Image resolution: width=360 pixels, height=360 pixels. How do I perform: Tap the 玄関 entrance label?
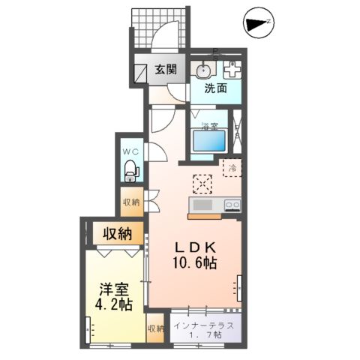click(x=166, y=70)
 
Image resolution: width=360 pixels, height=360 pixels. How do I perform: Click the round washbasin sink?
click(x=202, y=70)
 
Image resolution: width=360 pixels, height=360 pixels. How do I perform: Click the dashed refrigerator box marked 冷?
click(x=232, y=167)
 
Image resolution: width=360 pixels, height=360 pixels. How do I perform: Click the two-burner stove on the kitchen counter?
click(x=230, y=204)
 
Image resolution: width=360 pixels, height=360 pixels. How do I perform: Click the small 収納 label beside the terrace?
click(x=155, y=328)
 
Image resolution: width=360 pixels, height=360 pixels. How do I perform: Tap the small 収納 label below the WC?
click(x=130, y=202)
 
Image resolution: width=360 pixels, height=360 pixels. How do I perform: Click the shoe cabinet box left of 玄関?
click(x=140, y=71)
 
